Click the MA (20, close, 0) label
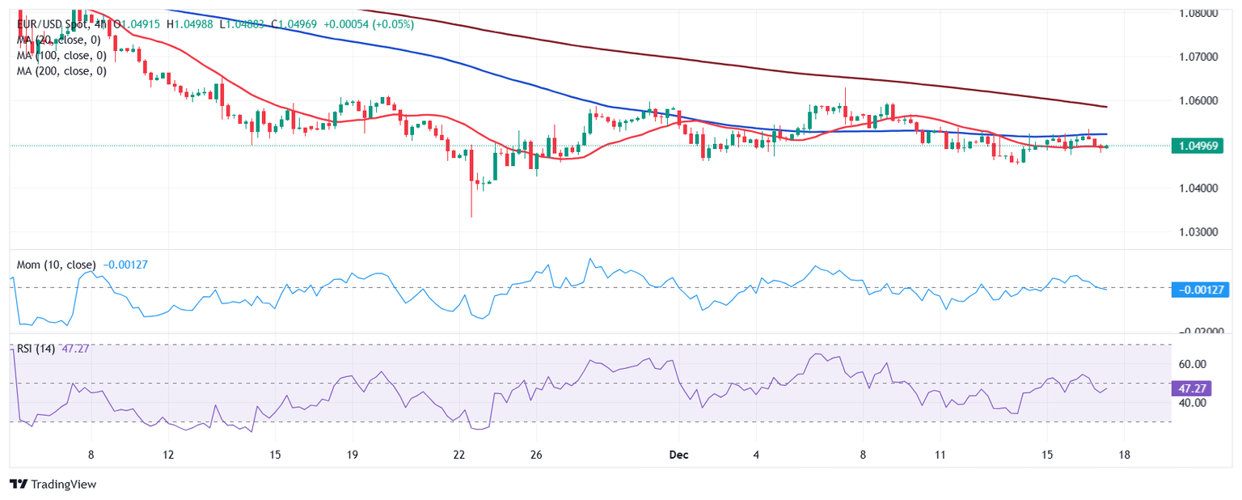pyautogui.click(x=58, y=40)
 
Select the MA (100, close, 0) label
pyautogui.click(x=61, y=55)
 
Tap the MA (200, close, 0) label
pyautogui.click(x=61, y=70)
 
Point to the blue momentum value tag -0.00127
pyautogui.click(x=1200, y=289)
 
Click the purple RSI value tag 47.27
pyautogui.click(x=1193, y=388)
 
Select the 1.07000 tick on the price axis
pyautogui.click(x=1200, y=57)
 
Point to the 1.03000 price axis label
pyautogui.click(x=1200, y=232)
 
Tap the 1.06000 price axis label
pyautogui.click(x=1200, y=101)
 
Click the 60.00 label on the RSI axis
pyautogui.click(x=1193, y=364)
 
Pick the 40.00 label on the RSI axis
pyautogui.click(x=1193, y=402)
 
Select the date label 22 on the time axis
pyautogui.click(x=459, y=455)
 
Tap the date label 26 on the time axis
pyautogui.click(x=535, y=455)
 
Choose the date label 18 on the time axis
pyautogui.click(x=1123, y=455)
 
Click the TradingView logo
pyautogui.click(x=53, y=484)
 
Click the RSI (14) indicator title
pyautogui.click(x=36, y=349)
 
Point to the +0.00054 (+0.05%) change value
pyautogui.click(x=369, y=24)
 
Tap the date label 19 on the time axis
pyautogui.click(x=353, y=455)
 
